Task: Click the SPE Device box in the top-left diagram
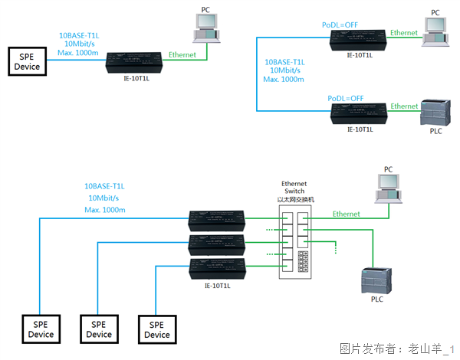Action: [27, 61]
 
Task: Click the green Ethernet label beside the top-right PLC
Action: [404, 106]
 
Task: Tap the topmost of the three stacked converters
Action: [219, 222]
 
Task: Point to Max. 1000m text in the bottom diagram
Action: [105, 210]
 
